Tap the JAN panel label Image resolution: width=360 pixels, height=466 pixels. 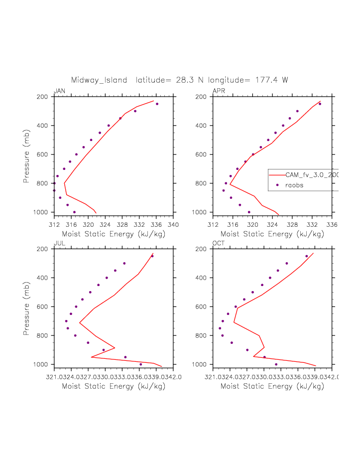[59, 91]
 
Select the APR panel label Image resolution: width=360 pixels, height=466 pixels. [219, 91]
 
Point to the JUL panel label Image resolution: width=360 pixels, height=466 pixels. [59, 243]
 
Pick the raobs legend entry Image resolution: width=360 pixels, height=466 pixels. [294, 185]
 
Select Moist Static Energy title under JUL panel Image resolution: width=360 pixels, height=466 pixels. [113, 386]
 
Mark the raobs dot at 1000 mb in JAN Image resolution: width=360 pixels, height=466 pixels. [74, 212]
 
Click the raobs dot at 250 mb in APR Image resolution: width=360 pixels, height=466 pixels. [320, 104]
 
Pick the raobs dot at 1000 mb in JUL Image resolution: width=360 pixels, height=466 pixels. [140, 364]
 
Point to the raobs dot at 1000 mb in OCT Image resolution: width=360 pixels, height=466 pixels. [276, 364]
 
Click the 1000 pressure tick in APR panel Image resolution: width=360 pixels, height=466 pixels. [201, 212]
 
